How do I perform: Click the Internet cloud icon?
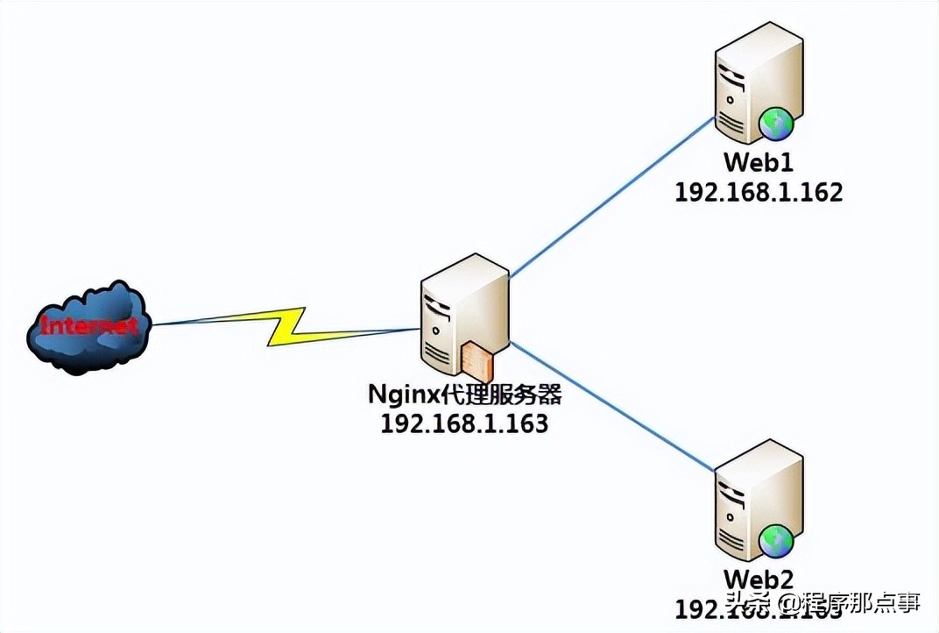tap(88, 328)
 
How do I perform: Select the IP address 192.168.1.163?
tap(464, 423)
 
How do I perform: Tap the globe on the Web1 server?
tap(775, 124)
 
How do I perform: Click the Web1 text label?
tap(759, 163)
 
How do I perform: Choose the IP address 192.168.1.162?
tap(759, 192)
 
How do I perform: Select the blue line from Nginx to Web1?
tap(613, 197)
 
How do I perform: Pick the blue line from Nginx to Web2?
tap(613, 403)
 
